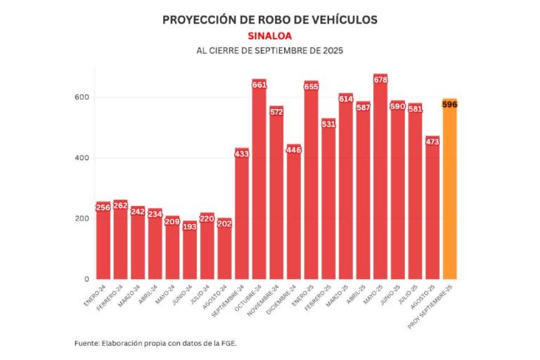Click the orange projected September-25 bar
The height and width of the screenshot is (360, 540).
tap(449, 197)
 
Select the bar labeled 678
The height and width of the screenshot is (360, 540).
tap(380, 183)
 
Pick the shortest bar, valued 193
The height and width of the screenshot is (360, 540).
tap(190, 253)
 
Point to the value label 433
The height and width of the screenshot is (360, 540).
tap(242, 154)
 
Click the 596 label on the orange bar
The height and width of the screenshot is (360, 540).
tap(449, 105)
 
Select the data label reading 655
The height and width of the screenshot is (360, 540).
tap(311, 87)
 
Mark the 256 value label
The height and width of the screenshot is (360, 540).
tap(103, 207)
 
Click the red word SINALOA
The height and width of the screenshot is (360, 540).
tap(269, 36)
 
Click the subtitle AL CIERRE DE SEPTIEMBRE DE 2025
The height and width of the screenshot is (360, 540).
tap(269, 51)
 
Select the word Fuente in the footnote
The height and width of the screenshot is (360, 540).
tap(86, 343)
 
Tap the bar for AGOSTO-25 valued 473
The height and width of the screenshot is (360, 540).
tap(432, 211)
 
